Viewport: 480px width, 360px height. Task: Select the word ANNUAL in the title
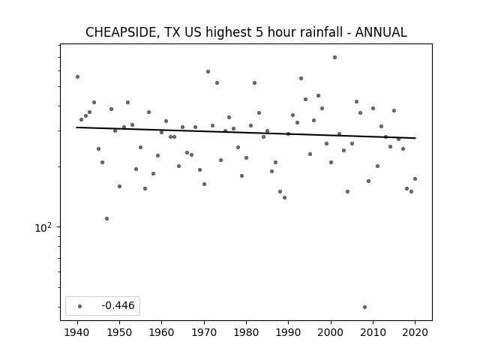click(381, 32)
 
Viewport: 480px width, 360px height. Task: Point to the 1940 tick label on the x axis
click(77, 332)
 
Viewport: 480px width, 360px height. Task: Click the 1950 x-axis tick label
click(120, 332)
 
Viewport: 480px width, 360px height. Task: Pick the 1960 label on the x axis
click(162, 332)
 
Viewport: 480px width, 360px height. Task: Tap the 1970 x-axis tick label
click(204, 332)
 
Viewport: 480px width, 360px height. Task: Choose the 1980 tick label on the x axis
click(246, 332)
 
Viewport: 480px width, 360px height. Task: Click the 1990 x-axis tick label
click(288, 332)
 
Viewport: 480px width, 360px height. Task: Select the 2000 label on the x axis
click(331, 332)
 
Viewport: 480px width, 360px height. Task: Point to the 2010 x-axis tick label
click(373, 332)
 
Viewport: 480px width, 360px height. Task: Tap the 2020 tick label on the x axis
click(415, 332)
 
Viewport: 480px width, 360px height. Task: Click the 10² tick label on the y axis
click(43, 228)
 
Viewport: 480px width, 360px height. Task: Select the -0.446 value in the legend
click(118, 305)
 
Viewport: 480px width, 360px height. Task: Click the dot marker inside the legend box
click(80, 306)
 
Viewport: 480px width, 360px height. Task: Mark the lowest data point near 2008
click(364, 307)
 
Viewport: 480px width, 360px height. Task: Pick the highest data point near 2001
click(335, 57)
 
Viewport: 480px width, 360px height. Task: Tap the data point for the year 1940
click(78, 76)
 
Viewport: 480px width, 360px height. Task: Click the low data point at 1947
click(106, 218)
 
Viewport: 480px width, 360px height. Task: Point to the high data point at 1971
click(208, 72)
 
